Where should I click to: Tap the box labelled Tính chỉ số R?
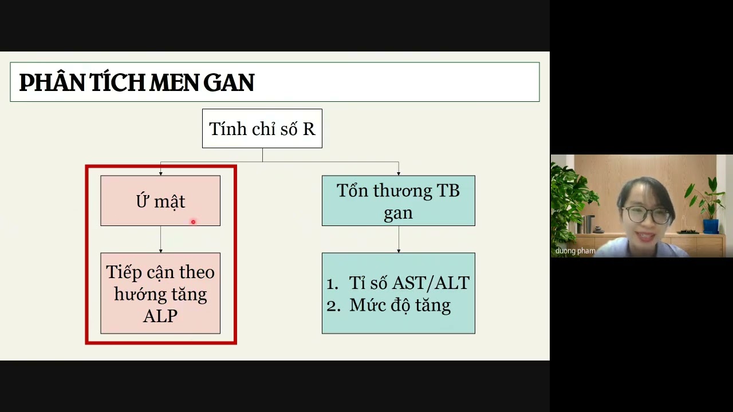coord(262,129)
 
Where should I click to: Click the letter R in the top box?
coord(309,129)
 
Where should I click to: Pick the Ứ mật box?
coord(160,201)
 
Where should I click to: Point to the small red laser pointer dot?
coord(193,222)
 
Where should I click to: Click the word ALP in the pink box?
coord(160,316)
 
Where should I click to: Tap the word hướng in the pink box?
coord(136,294)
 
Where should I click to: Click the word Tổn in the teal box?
coord(352,191)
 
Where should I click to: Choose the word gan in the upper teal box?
coord(398,213)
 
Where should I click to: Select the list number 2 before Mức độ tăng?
coord(332,306)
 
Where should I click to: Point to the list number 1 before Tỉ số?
coord(332,283)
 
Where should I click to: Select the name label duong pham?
coord(575,251)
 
